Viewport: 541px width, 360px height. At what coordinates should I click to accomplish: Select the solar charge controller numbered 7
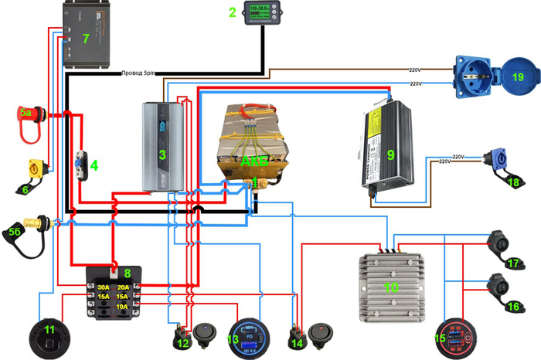(x=90, y=36)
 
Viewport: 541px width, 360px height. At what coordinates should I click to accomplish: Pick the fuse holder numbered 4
(x=80, y=165)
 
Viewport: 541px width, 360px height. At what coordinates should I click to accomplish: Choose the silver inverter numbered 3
(x=162, y=147)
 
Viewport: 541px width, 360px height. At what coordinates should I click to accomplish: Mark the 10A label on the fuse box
(x=123, y=306)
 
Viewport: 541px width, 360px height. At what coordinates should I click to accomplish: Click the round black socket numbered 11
(x=49, y=335)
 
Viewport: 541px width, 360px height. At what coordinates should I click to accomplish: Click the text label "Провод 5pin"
(x=138, y=73)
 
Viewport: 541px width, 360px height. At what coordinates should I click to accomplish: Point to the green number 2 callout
(x=232, y=12)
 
